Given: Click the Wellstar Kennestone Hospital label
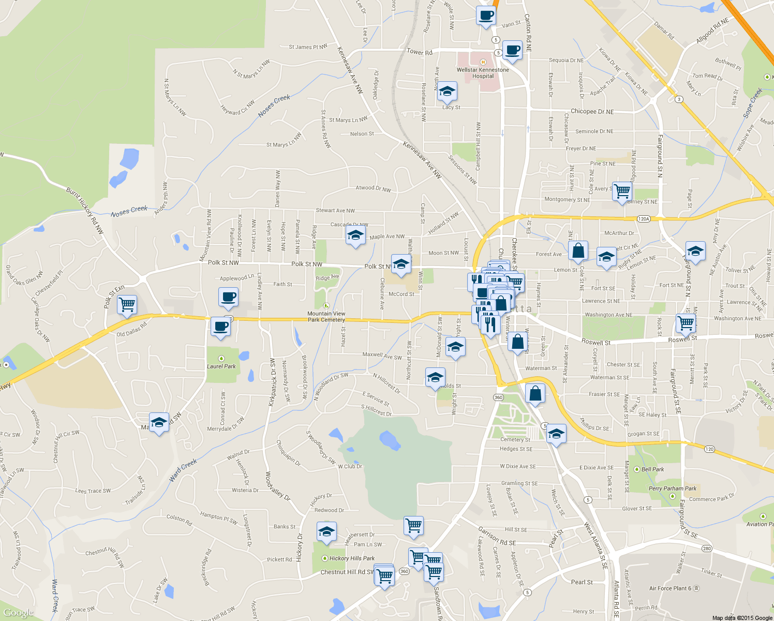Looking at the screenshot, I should (x=483, y=72).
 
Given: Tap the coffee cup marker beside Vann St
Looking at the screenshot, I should (x=485, y=16).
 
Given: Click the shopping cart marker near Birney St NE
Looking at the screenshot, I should (x=622, y=192).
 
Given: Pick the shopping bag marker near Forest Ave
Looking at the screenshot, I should (x=578, y=252).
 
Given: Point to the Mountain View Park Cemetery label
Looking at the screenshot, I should (x=326, y=316).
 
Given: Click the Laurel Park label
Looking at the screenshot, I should (x=221, y=366).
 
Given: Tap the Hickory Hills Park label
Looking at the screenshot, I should (x=352, y=558).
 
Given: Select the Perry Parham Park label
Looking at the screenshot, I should (x=673, y=489).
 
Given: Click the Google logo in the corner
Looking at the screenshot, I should (x=19, y=613).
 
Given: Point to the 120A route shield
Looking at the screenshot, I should (x=643, y=219).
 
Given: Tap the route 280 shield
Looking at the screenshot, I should (x=707, y=549).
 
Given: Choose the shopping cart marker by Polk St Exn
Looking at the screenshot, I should (x=127, y=305).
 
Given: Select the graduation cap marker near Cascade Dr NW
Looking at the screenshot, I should (x=355, y=235).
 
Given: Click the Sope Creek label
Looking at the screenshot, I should (x=752, y=102).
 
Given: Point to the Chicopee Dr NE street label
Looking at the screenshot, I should (x=592, y=111).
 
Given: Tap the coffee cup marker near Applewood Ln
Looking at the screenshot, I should (x=228, y=298).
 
